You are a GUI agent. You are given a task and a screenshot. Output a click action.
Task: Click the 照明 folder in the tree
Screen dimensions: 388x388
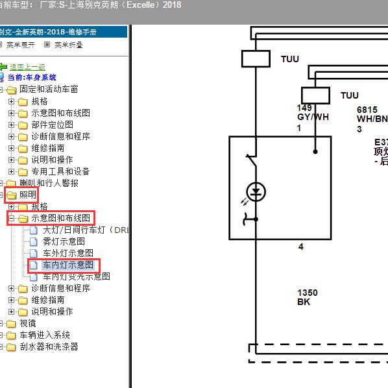pos(27,195)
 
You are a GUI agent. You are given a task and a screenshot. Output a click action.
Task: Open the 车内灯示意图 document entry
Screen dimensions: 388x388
pos(68,265)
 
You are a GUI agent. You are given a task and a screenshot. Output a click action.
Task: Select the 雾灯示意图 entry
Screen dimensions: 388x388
pos(64,241)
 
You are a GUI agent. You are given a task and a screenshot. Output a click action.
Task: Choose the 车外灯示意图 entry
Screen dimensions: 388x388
pos(68,253)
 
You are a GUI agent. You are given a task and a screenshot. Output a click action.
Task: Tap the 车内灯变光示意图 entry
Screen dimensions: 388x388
pos(77,276)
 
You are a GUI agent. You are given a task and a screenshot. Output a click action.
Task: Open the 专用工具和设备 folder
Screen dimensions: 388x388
pos(60,171)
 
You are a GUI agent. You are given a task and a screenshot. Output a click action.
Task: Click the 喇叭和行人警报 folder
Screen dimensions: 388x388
pos(49,183)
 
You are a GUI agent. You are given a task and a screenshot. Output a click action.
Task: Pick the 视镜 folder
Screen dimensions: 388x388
pos(27,323)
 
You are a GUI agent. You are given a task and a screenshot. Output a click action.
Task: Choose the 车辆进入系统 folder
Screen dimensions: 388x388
pos(45,335)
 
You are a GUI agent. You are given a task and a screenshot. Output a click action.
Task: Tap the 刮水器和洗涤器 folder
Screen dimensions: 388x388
pos(49,346)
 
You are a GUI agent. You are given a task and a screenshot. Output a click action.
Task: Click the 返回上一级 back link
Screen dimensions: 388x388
pos(27,67)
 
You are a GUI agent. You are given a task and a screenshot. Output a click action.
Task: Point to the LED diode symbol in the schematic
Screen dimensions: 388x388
pos(257,192)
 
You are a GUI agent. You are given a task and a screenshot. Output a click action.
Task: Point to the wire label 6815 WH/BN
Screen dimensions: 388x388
pos(371,115)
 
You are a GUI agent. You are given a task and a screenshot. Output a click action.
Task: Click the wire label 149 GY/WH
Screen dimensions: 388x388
pos(313,113)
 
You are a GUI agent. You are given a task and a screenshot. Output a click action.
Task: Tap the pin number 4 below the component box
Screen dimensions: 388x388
pos(300,247)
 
